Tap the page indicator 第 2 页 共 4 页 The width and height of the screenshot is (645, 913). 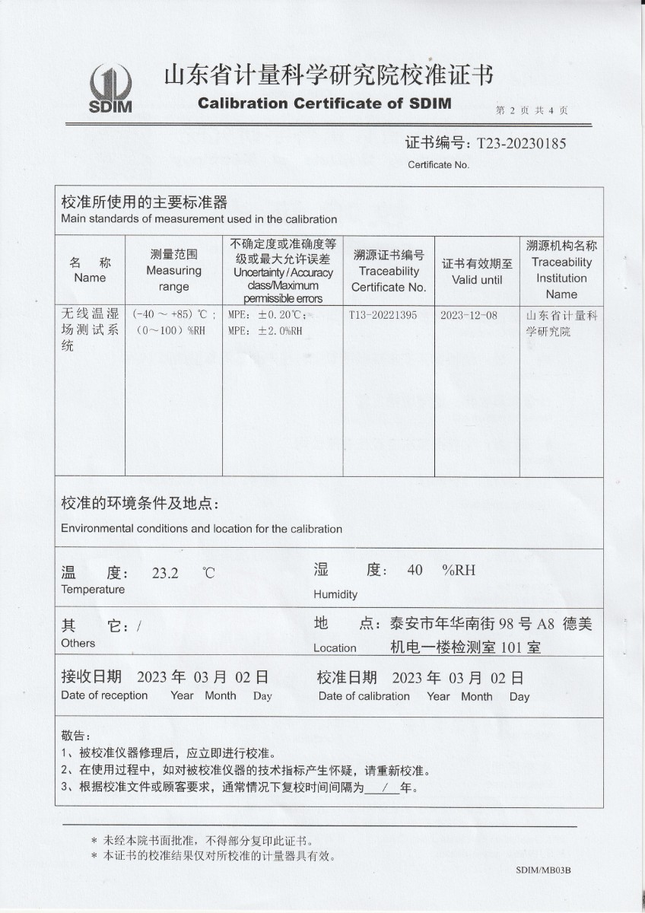tap(532, 110)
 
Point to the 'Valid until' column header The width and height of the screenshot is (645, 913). tap(477, 279)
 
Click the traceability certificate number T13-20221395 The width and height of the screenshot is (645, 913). tap(383, 315)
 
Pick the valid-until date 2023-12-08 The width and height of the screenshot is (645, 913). tap(469, 315)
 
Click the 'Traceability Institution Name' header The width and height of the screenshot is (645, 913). tap(561, 278)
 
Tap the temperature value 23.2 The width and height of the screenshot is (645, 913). tap(165, 574)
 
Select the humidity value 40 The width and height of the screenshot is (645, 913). tap(415, 570)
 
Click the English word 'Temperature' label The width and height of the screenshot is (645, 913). tap(93, 590)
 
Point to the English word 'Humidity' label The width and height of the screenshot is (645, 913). tap(335, 594)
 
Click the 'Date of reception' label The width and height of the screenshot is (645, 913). tap(104, 695)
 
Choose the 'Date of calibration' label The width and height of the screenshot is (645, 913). tap(364, 696)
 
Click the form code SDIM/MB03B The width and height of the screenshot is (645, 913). tap(543, 870)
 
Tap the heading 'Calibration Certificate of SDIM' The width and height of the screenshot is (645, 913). tap(325, 103)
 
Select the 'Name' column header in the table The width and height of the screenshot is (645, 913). tap(90, 278)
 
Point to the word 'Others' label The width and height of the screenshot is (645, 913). tap(78, 643)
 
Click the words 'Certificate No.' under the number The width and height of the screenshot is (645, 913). tap(439, 164)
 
